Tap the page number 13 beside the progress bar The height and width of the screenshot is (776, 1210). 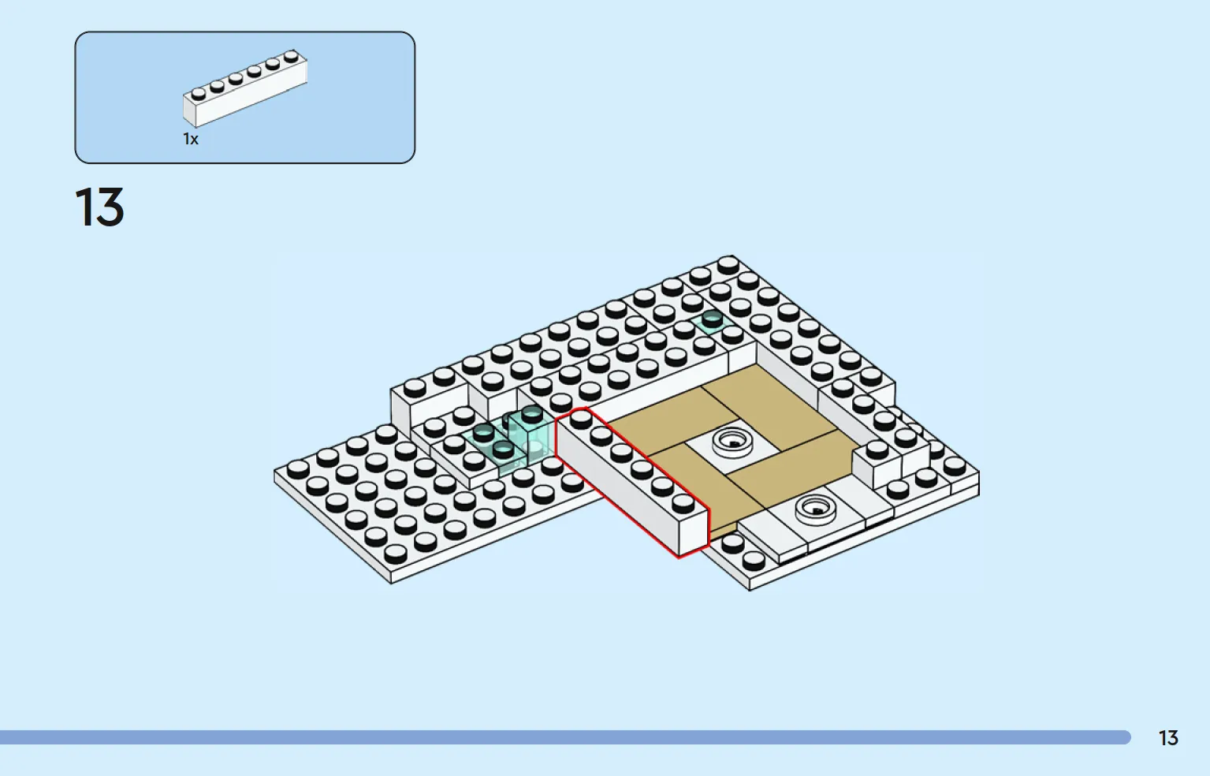[x=1168, y=737]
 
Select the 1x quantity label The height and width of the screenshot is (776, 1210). [x=191, y=139]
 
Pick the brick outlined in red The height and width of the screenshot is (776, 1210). [x=632, y=482]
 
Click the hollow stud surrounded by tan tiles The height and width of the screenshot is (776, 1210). [x=733, y=442]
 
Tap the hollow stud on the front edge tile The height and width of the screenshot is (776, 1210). [x=816, y=509]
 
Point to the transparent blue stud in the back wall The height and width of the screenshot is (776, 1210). [x=712, y=319]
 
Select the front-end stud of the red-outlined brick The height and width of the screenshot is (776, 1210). [x=683, y=503]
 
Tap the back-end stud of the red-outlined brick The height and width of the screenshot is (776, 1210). [x=581, y=419]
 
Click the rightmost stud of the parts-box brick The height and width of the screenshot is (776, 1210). [x=291, y=56]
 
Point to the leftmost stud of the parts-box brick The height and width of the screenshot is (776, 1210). [x=199, y=94]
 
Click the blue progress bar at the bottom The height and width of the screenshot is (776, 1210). [x=565, y=737]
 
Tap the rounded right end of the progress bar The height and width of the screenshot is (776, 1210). [x=1127, y=737]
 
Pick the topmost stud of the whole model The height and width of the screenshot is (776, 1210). [x=728, y=265]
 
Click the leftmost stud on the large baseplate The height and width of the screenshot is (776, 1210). [x=298, y=469]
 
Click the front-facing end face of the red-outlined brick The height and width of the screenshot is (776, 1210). [x=694, y=532]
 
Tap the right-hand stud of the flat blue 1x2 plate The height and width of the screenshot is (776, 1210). [x=503, y=449]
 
